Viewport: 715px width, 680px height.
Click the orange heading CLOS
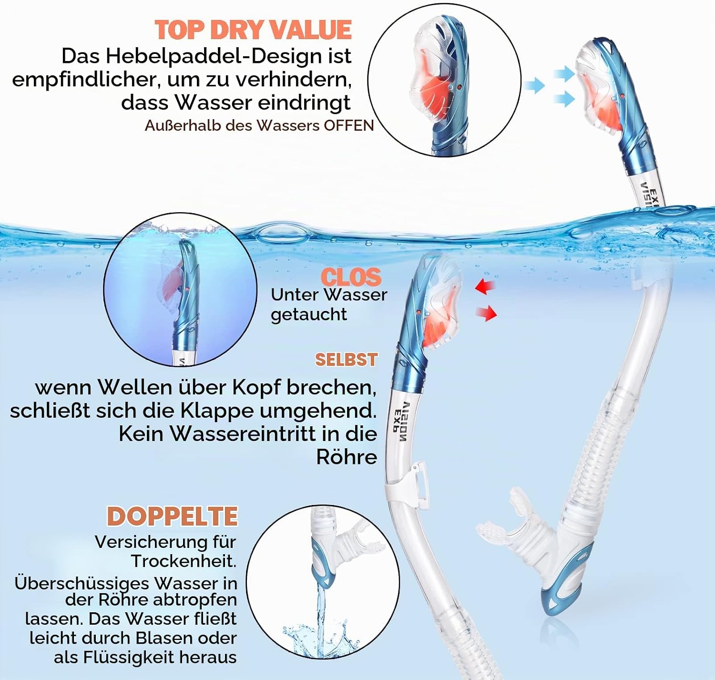click(351, 277)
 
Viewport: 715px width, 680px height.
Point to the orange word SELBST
click(346, 360)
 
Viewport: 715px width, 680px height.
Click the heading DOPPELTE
click(173, 516)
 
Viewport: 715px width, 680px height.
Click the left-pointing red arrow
click(485, 286)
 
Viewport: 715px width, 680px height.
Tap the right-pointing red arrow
click(487, 313)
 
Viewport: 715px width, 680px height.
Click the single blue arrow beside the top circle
click(534, 86)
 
